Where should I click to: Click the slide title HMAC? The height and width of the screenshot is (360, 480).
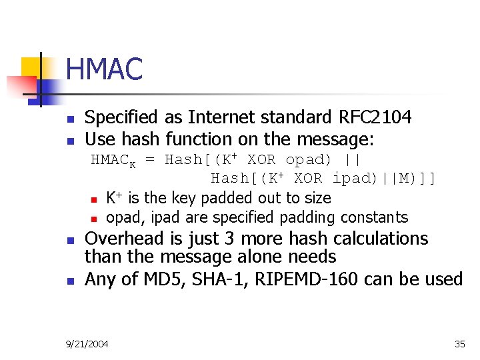(105, 69)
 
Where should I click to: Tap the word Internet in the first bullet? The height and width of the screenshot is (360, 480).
(224, 117)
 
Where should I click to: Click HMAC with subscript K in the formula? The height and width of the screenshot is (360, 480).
(113, 161)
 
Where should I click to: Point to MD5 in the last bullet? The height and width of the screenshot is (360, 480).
(161, 279)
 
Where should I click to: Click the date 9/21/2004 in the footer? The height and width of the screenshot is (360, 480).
(88, 344)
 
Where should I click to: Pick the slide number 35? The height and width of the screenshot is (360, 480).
(459, 344)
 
